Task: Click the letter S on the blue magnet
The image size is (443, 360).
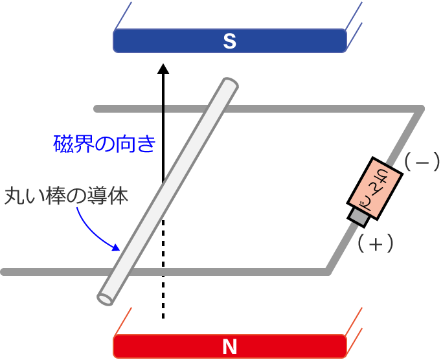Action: pyautogui.click(x=229, y=41)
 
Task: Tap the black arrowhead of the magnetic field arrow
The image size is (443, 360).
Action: pyautogui.click(x=163, y=68)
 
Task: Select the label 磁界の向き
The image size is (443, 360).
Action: pyautogui.click(x=104, y=143)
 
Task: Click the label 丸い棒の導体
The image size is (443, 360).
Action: pyautogui.click(x=67, y=196)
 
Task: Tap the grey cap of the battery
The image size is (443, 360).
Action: pyautogui.click(x=358, y=216)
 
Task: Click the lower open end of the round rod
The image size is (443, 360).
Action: pyautogui.click(x=106, y=298)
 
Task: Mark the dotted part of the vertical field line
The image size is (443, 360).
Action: pyautogui.click(x=163, y=272)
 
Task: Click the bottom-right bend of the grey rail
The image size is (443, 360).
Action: pyautogui.click(x=329, y=271)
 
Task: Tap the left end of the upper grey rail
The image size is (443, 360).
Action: pyautogui.click(x=97, y=108)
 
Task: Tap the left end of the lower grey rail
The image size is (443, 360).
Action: pyautogui.click(x=5, y=271)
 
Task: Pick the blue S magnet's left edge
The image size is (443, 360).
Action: pyautogui.click(x=115, y=41)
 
